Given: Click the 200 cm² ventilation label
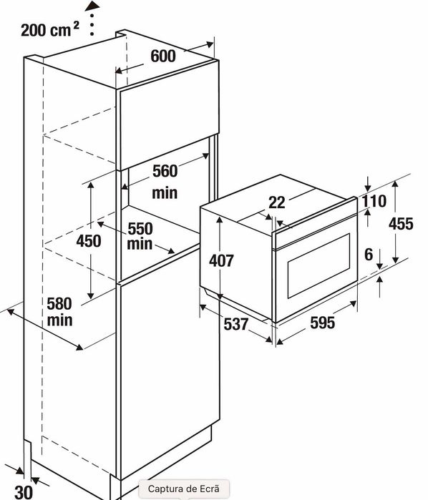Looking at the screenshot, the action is (x=50, y=29).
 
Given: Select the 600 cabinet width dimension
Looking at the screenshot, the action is (x=163, y=56).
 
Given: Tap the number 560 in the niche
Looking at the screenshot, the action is (x=165, y=171).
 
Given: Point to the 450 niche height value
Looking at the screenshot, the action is (x=89, y=241).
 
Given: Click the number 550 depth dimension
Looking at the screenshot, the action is (x=140, y=229).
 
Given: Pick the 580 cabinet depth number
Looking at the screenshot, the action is (x=59, y=303).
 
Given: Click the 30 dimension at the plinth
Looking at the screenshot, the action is (x=24, y=492).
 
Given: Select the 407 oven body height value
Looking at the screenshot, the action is (x=221, y=260).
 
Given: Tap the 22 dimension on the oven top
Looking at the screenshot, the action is (x=277, y=202).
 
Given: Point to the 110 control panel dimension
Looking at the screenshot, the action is (x=374, y=201).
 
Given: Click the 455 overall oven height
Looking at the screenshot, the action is (x=401, y=224).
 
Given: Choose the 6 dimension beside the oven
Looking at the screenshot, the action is (x=369, y=255).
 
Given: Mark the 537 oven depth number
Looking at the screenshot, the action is (x=236, y=324).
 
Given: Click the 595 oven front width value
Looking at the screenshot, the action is (x=323, y=323).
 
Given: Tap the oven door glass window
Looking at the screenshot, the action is (x=318, y=265).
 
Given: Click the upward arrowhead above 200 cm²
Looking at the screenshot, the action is (x=92, y=6).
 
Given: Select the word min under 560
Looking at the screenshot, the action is (x=165, y=193).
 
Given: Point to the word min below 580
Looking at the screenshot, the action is (x=59, y=320).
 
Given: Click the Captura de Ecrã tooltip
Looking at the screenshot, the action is (x=184, y=489).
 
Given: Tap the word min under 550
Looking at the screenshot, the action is (x=140, y=244).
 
